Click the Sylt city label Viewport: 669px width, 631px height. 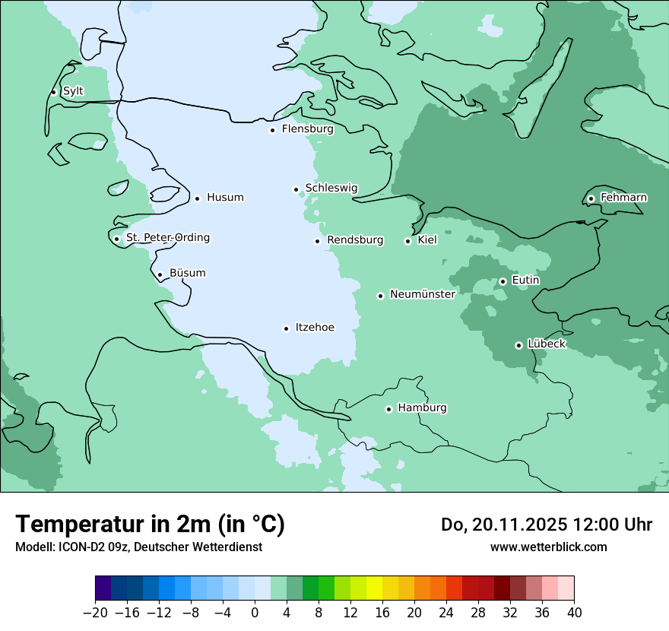tap(73, 91)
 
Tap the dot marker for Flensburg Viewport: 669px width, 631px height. tap(272, 130)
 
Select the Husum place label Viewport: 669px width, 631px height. tap(225, 198)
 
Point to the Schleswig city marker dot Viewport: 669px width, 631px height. tap(296, 189)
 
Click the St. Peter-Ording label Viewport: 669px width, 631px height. tap(167, 238)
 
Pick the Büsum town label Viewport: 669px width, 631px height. tap(187, 273)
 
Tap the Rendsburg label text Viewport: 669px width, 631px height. tap(355, 240)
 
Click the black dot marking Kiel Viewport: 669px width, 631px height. tap(407, 241)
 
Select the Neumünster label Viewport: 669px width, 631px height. tap(423, 294)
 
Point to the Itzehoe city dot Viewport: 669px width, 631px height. tap(286, 328)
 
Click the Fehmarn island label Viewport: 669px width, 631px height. tap(623, 198)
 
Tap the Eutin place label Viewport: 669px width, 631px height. tap(525, 281)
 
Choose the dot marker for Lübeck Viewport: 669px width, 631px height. tap(518, 345)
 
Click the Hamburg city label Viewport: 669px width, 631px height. tap(422, 408)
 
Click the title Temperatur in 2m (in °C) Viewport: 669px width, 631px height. tap(150, 524)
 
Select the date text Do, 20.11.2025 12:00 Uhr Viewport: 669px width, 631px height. tap(547, 525)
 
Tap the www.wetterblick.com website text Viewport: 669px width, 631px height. tap(548, 547)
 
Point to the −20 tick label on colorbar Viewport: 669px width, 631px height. tap(95, 613)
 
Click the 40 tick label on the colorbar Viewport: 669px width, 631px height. tap(574, 613)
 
